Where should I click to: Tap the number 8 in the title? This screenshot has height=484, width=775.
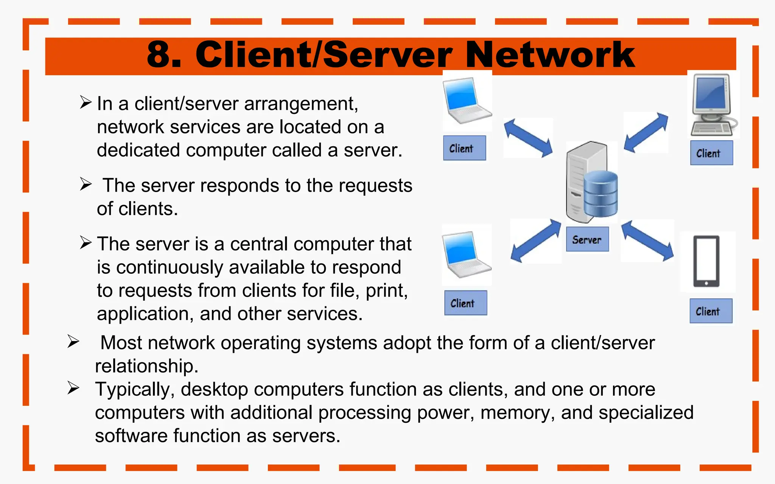click(x=159, y=55)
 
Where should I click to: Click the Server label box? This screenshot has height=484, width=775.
click(x=587, y=239)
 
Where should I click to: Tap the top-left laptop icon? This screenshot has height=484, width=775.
click(x=467, y=101)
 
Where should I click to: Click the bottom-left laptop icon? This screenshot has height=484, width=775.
click(x=466, y=255)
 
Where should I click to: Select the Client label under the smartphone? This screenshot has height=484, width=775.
click(x=711, y=311)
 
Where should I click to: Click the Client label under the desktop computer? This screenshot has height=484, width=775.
click(x=711, y=153)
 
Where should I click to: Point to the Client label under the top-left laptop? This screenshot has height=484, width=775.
click(x=464, y=148)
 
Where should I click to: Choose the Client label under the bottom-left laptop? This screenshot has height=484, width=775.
click(x=465, y=303)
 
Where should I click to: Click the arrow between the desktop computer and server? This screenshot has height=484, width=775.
click(x=646, y=132)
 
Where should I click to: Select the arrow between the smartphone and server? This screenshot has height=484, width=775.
click(x=647, y=241)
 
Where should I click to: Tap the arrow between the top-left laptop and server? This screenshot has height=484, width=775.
click(x=528, y=138)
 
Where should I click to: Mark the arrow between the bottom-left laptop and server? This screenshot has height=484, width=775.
click(x=535, y=241)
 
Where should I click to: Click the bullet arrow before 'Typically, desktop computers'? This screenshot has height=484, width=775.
click(x=73, y=388)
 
